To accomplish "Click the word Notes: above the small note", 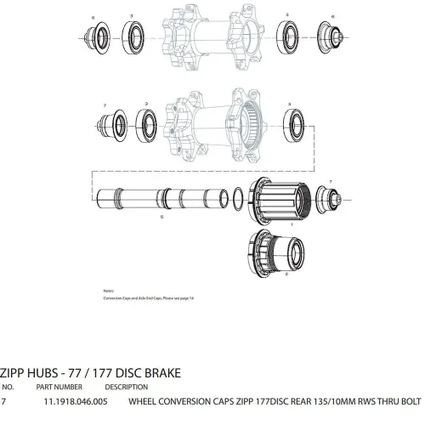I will pyautogui.click(x=110, y=290).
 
